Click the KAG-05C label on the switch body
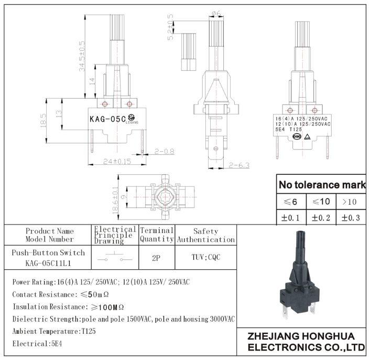coord(107,119)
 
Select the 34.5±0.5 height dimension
coord(82,57)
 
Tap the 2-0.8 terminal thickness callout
coord(164,152)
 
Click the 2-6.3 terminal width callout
coord(238,165)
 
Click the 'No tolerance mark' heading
coord(322,185)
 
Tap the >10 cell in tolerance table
coord(351,202)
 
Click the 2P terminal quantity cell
coord(156,258)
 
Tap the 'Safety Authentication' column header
coord(205,235)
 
